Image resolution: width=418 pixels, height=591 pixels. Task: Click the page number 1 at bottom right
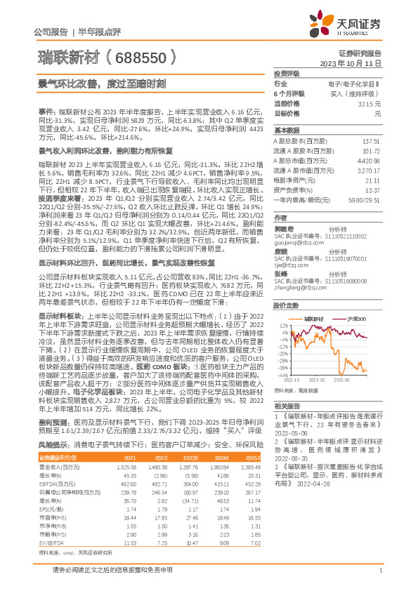(380, 577)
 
